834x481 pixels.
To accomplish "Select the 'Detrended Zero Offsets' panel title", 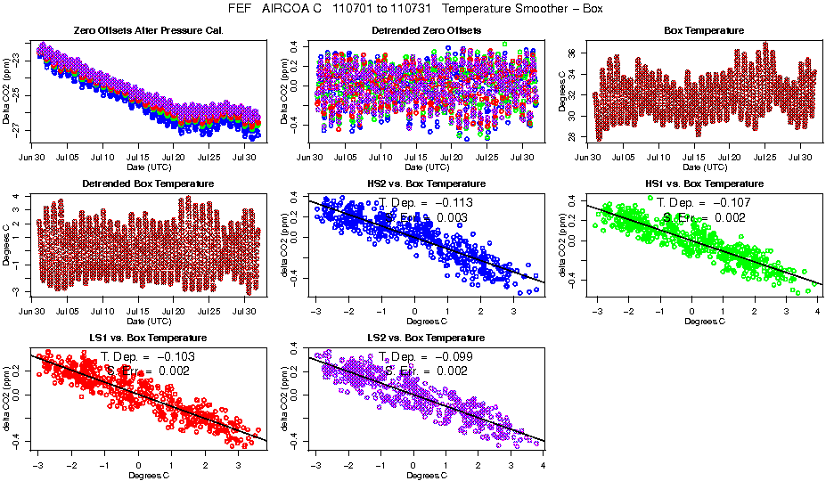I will tap(426, 30).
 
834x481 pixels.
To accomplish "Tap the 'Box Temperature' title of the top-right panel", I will tap(704, 30).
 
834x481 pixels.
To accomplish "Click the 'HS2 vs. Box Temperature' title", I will tap(426, 183).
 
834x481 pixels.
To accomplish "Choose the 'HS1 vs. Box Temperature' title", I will tap(704, 183).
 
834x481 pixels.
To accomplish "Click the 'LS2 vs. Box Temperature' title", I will tap(426, 338).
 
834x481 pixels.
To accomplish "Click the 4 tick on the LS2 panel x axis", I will tap(544, 465).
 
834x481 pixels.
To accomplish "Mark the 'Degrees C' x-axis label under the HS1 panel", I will tap(704, 321).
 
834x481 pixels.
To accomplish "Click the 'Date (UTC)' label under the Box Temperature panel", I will tap(704, 167).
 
